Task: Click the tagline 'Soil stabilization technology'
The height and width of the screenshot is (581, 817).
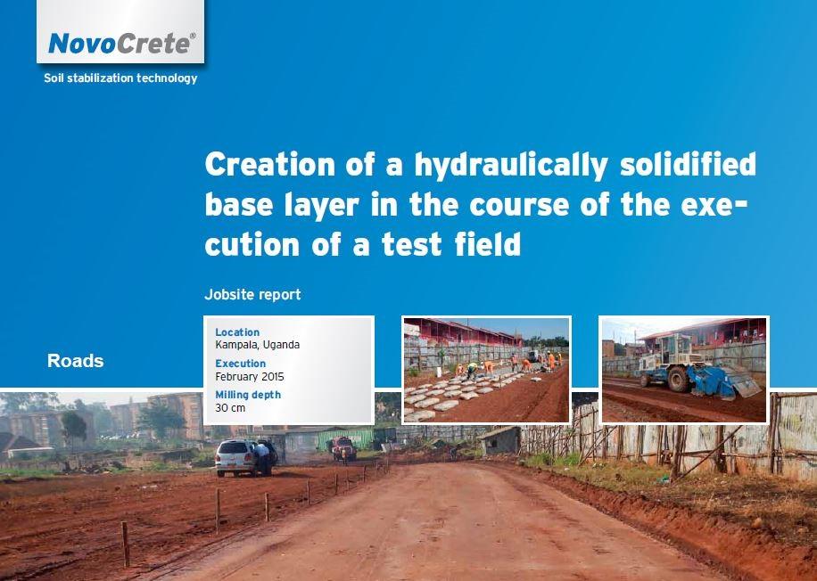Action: coord(120,78)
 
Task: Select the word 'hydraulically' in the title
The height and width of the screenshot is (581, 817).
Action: coord(510,164)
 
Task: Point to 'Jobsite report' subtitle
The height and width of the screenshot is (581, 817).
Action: coord(252,295)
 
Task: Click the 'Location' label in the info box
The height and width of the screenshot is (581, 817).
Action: coord(237,332)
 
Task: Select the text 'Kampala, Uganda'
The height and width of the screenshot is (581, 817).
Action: coord(258,345)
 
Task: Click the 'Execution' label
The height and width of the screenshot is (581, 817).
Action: coord(240,364)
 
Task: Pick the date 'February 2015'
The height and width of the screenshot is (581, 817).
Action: coord(250,376)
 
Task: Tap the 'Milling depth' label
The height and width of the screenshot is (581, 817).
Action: coord(248,395)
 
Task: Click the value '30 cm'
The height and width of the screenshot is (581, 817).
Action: coord(230,407)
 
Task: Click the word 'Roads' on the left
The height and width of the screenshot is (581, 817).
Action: coord(76,361)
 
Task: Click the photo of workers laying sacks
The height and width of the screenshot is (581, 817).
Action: coord(487,370)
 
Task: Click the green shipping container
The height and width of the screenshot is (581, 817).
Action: coord(345,438)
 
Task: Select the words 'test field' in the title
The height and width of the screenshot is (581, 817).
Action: coord(451,243)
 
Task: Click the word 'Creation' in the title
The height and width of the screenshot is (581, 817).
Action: coord(270,164)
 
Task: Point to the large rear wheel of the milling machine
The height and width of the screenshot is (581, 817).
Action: coord(679,379)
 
